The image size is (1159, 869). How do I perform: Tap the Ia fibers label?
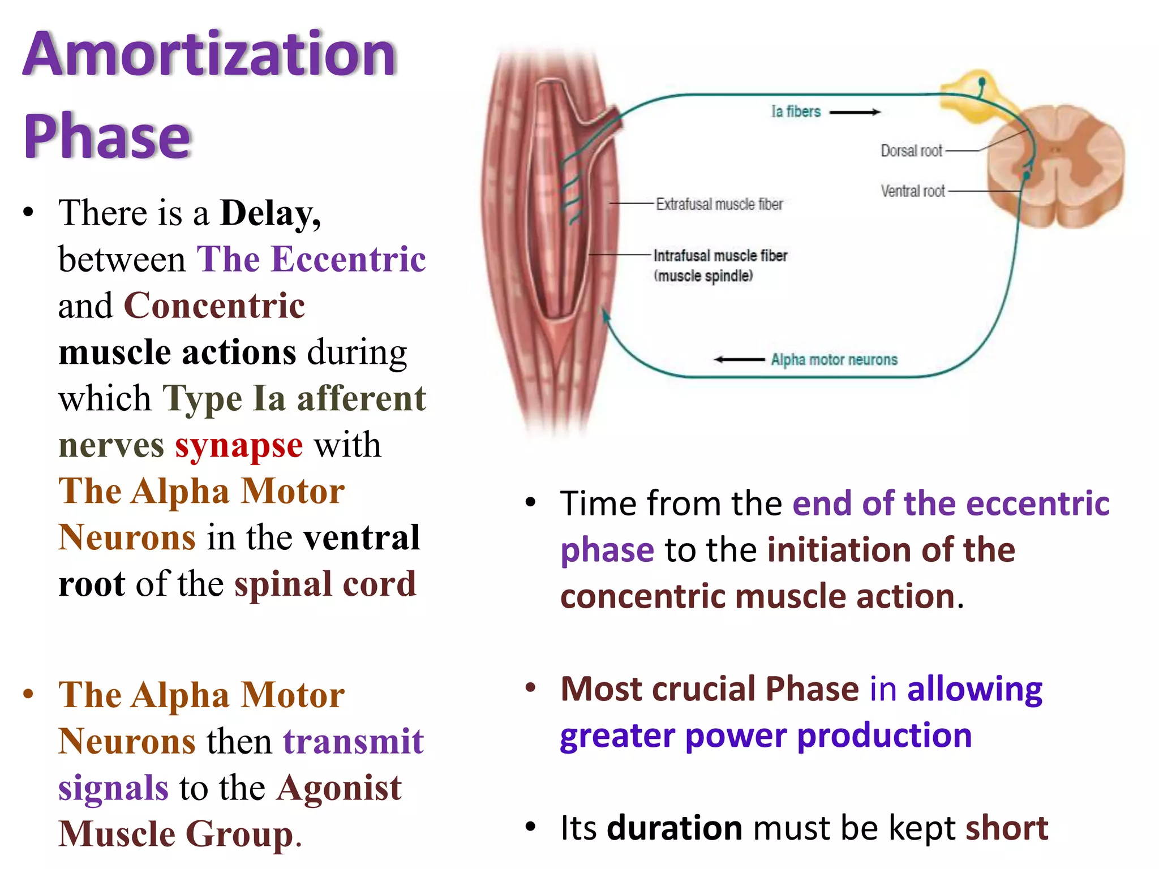point(796,111)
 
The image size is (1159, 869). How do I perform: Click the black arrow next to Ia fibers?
point(855,112)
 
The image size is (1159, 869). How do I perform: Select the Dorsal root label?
point(911,151)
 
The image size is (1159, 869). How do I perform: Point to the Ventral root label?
point(912,191)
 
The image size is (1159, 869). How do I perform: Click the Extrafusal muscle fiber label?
point(719,204)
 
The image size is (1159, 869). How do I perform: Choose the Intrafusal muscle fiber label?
point(720,256)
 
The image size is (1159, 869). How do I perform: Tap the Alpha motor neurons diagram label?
point(834,359)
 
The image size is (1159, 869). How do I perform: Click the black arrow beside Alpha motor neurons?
point(739,359)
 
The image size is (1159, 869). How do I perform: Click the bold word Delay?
point(270,213)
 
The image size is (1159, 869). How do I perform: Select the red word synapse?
point(239,445)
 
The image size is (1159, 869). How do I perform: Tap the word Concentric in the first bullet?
point(214,306)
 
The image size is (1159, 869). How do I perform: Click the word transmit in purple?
point(354,742)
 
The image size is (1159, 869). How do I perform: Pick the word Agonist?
point(340,788)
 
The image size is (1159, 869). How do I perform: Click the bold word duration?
point(675,828)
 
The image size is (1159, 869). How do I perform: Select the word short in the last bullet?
point(1007,828)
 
